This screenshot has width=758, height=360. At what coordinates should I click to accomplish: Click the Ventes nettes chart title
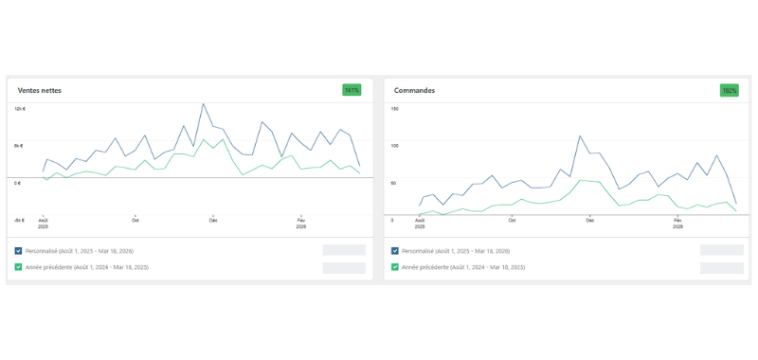pos(40,90)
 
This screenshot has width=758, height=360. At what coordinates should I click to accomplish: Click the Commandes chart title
pos(414,90)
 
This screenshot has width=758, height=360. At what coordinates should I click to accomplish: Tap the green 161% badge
pos(352,90)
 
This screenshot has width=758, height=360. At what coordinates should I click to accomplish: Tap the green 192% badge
pos(729,90)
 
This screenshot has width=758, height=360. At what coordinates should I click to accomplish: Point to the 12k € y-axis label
pos(19,109)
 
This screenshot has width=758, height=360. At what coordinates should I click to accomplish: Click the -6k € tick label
pos(19,220)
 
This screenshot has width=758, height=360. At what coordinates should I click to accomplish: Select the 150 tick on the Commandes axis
pos(395,109)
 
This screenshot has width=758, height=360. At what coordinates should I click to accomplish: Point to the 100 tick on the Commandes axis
pos(395,146)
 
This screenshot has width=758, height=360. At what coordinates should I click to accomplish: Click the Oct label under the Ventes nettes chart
pos(135,220)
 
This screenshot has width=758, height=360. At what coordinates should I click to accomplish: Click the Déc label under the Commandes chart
pos(589,220)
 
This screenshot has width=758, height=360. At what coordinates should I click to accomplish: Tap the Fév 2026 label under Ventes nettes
pos(300,224)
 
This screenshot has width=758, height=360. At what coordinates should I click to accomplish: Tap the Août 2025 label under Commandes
pos(420,224)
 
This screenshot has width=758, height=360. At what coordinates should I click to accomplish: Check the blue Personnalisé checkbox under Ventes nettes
pos(19,251)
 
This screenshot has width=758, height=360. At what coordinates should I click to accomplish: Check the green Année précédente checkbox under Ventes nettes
pos(19,267)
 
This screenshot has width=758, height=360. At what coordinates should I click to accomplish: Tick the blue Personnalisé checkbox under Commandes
pos(395,251)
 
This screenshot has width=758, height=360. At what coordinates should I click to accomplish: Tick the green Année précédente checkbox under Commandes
pos(395,267)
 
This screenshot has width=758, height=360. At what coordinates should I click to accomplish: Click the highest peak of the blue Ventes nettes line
pos(203,104)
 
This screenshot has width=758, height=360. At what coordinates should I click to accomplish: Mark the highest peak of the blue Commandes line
pos(579,135)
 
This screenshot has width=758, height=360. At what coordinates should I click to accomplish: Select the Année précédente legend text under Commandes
pos(463,267)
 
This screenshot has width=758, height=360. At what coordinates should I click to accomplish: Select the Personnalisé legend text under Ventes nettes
pos(80,251)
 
